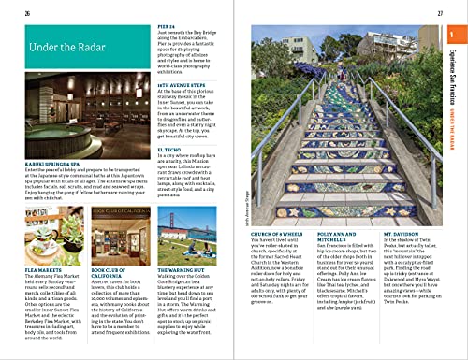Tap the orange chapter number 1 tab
pyautogui.click(x=452, y=36)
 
